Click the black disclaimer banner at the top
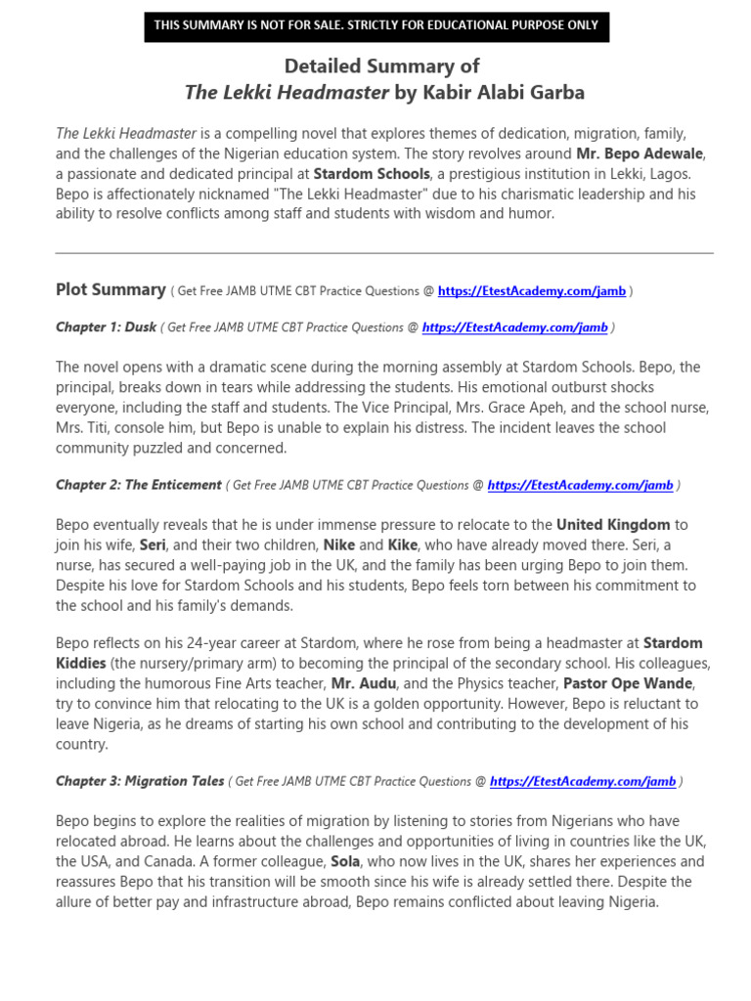coord(376,25)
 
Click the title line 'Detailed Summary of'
coord(381,65)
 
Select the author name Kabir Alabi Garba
coord(503,93)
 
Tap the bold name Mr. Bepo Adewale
coord(640,153)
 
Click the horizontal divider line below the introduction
coord(384,252)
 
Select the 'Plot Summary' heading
coord(110,289)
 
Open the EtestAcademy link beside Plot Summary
coord(532,290)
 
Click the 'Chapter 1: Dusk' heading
coord(106,327)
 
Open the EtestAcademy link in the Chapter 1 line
coord(514,327)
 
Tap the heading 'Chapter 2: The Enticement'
coord(139,485)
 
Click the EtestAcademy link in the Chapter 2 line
coord(580,485)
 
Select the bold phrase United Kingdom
coord(613,525)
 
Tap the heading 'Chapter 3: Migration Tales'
coord(140,781)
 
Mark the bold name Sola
coord(345,861)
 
